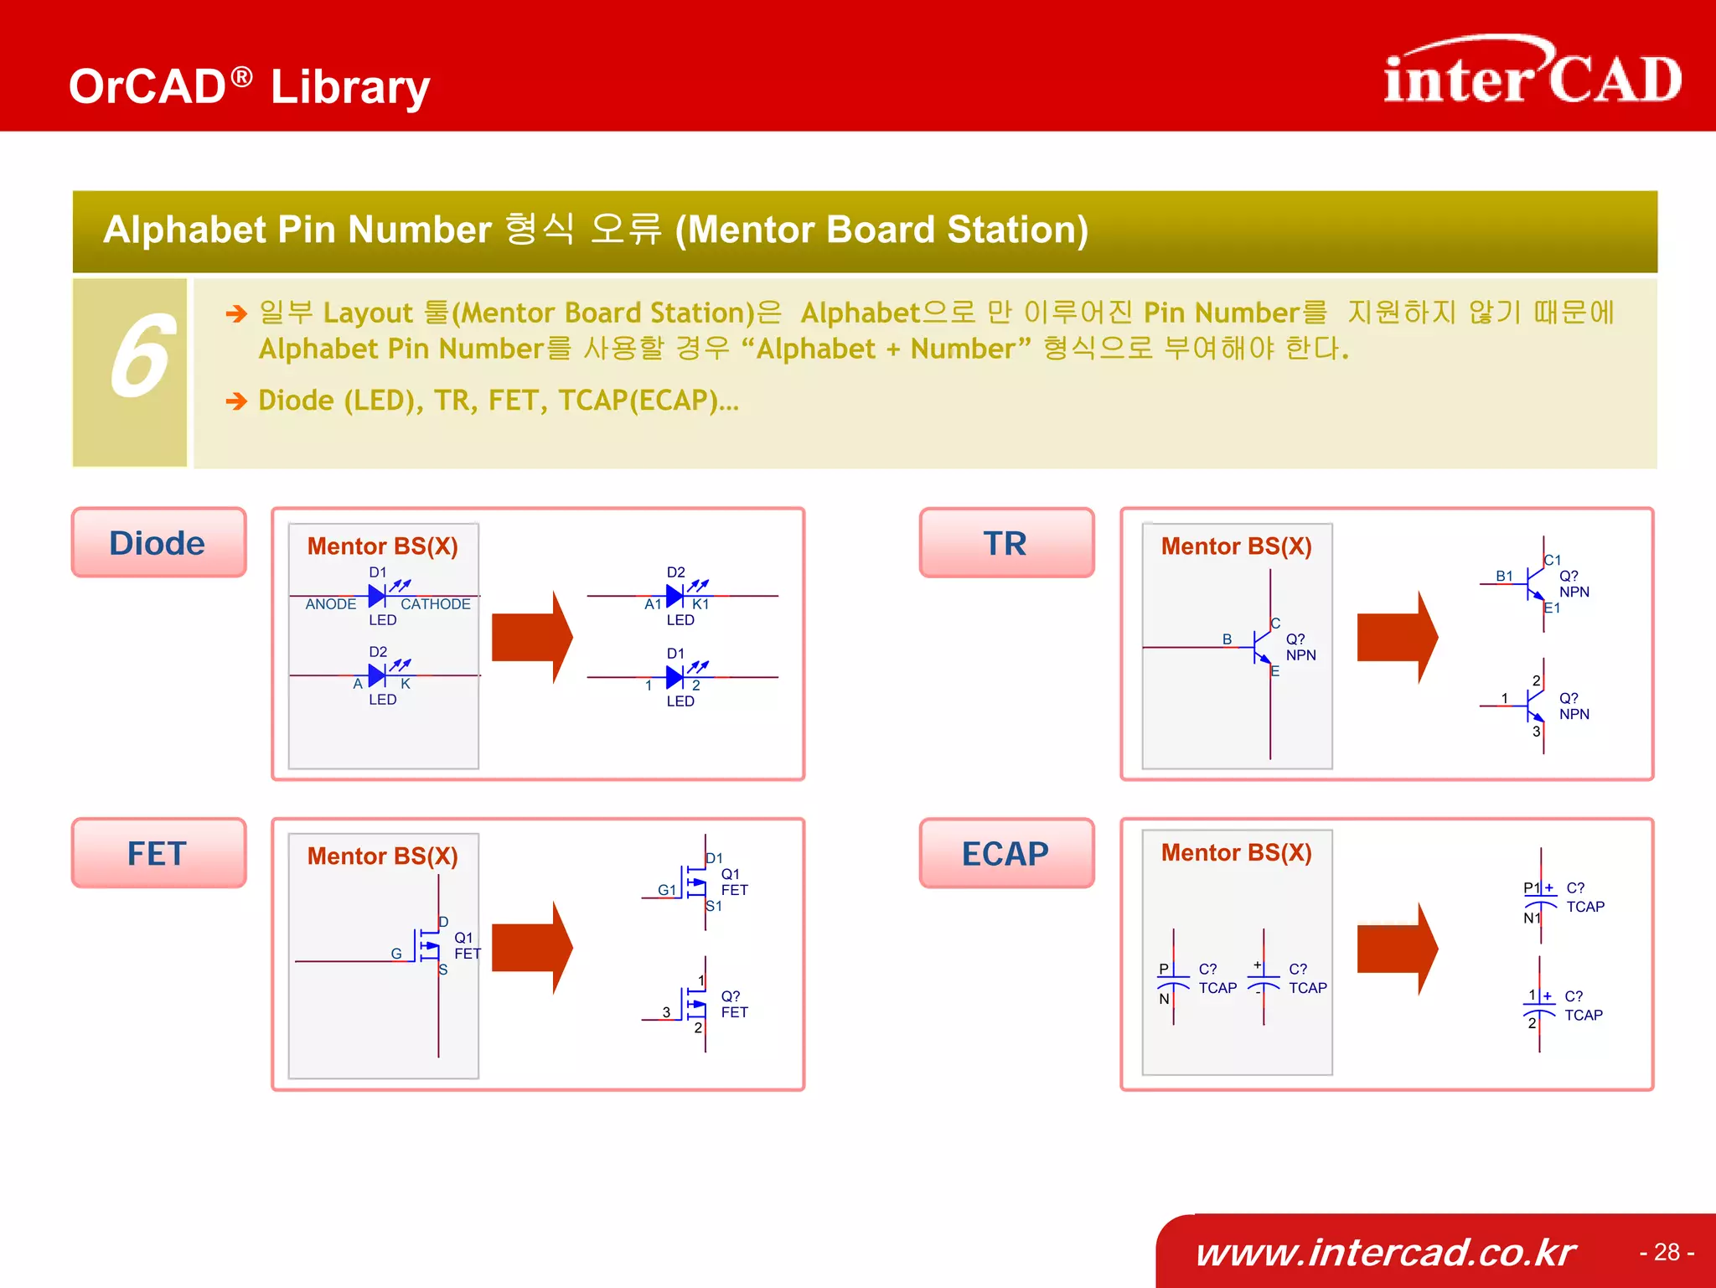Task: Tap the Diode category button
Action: point(158,543)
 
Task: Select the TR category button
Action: point(1005,543)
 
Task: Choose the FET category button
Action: point(158,853)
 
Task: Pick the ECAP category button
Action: point(1005,853)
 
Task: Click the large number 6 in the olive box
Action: point(140,359)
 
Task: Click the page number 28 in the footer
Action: point(1667,1252)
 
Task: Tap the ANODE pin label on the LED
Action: point(330,604)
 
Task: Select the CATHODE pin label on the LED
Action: point(435,604)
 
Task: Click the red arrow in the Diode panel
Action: point(531,637)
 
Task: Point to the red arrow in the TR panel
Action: point(1397,637)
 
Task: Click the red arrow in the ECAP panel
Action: point(1397,949)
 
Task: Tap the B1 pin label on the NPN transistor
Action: point(1504,576)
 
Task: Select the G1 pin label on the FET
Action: point(667,890)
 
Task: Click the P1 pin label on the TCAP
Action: point(1532,887)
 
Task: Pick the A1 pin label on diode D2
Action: point(653,604)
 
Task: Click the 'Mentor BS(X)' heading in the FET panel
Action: point(382,856)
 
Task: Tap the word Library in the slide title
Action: point(350,87)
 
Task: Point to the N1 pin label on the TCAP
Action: point(1532,918)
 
